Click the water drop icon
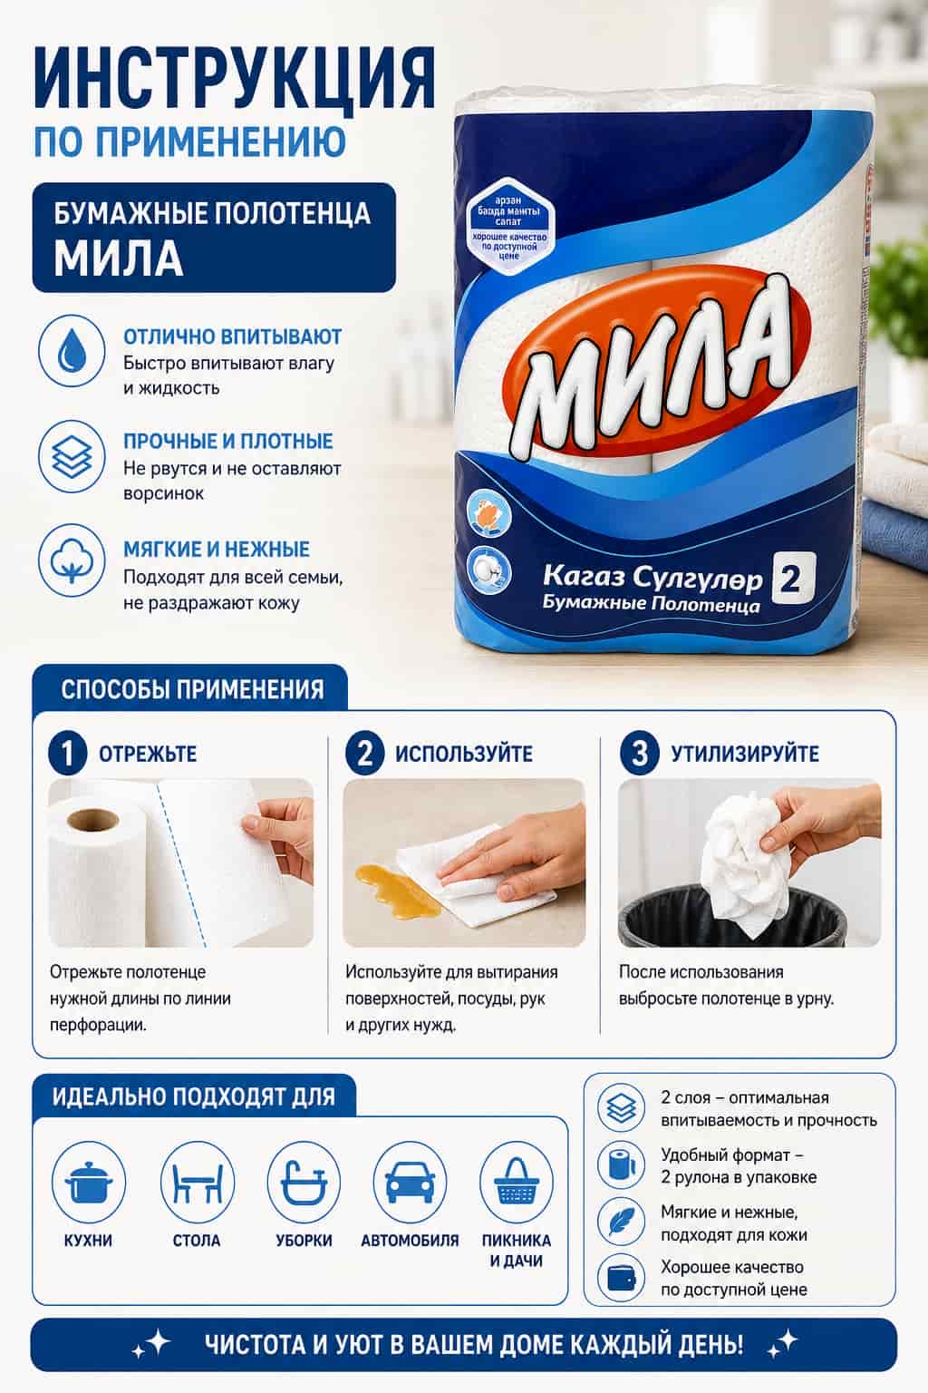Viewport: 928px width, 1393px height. pos(72,351)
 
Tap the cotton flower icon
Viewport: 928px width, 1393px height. pos(72,560)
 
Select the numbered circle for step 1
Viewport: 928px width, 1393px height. pos(67,753)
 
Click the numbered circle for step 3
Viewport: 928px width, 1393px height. pos(638,753)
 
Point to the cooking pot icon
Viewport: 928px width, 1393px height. pos(88,1183)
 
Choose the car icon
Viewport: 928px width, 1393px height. pos(410,1183)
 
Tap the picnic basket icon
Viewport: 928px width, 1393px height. pos(517,1183)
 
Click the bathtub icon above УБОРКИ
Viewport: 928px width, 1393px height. pos(304,1182)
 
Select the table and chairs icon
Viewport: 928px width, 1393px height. pos(197,1183)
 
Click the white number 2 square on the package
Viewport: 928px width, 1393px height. pos(792,579)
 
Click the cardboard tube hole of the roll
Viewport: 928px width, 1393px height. pos(92,820)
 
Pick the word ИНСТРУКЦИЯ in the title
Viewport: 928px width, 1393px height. pos(235,79)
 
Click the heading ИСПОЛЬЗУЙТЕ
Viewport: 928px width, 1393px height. pos(464,754)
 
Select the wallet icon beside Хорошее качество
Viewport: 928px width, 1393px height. pos(621,1279)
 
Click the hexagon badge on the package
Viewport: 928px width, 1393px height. pos(507,229)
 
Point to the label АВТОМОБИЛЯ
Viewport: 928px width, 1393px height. pos(410,1241)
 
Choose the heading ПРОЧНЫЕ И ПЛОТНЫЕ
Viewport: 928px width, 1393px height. pos(228,441)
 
